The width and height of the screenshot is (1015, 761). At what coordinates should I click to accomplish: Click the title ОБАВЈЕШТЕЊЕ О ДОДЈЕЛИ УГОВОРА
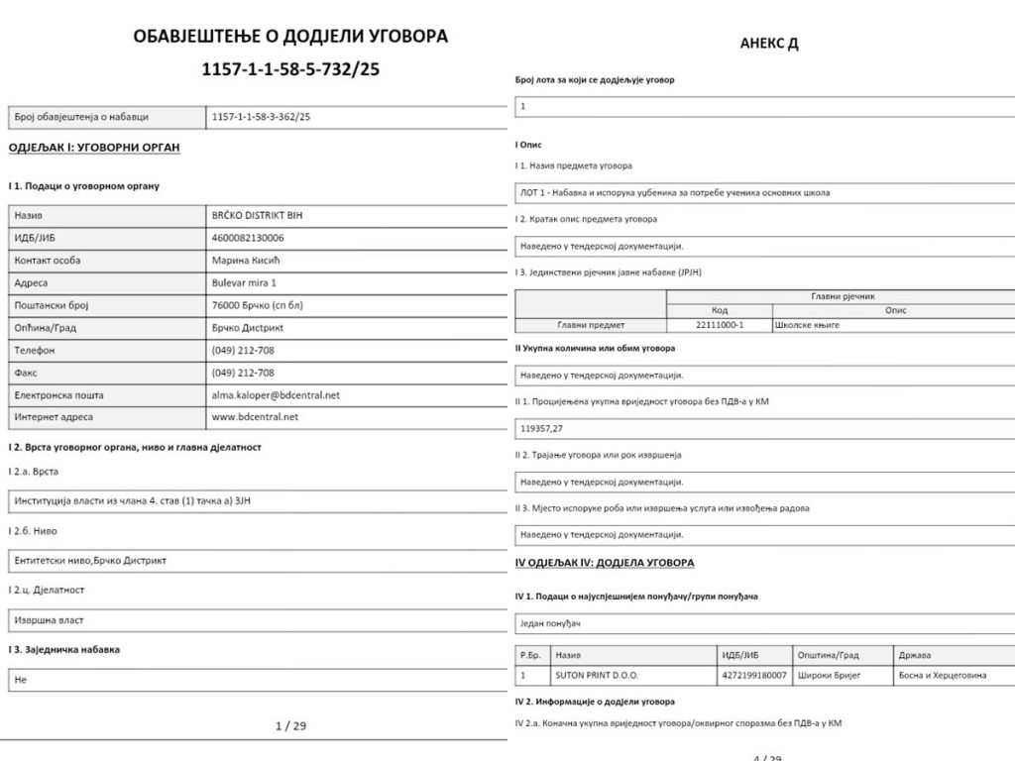coord(290,37)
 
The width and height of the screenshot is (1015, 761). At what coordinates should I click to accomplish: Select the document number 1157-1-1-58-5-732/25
coord(290,69)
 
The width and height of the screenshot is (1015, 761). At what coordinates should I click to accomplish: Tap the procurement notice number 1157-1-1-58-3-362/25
coord(261,117)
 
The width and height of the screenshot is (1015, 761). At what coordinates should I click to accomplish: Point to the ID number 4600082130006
coord(248,238)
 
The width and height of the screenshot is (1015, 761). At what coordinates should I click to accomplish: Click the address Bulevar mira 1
coord(246,282)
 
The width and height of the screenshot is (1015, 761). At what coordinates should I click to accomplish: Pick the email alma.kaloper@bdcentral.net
coord(276,394)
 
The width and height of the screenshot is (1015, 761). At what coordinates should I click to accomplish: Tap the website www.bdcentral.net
coord(255,417)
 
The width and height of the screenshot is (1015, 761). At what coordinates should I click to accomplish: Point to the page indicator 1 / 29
coord(290,725)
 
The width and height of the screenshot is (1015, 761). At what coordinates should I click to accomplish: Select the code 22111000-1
coord(721,325)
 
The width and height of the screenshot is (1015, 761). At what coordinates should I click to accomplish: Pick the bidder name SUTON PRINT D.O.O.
coord(597,675)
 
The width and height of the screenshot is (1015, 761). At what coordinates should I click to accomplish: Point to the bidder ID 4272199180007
coord(754,675)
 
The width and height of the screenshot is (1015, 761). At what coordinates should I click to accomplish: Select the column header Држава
coord(915,655)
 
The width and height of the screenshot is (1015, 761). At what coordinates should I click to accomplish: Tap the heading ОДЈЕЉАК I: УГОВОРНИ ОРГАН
coord(93,148)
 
